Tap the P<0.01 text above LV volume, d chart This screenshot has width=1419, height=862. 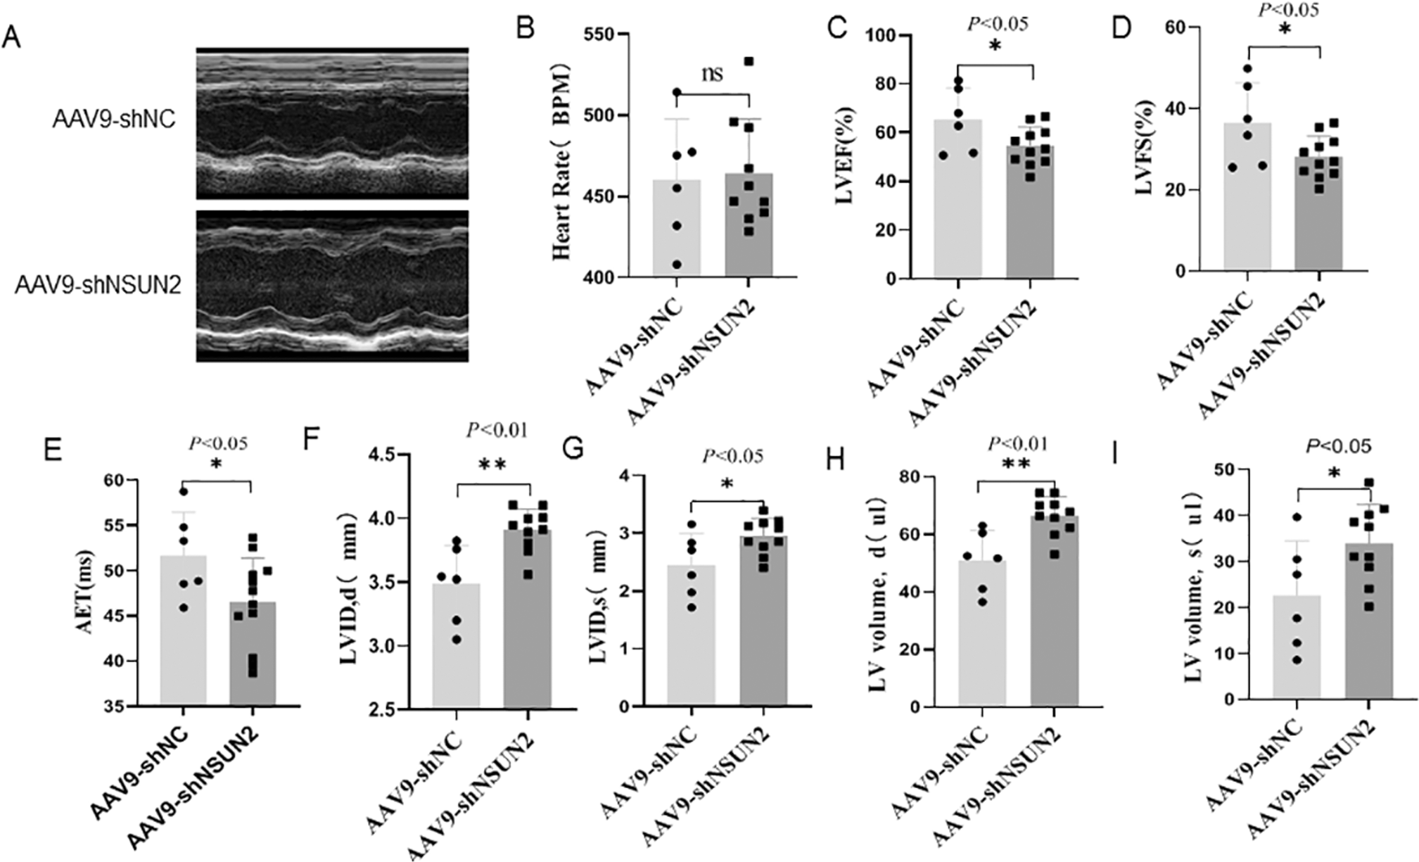click(1018, 443)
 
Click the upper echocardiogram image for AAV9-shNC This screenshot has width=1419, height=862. click(332, 124)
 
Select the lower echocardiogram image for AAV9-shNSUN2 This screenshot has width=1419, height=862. click(332, 286)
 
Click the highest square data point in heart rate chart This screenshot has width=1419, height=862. click(749, 62)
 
